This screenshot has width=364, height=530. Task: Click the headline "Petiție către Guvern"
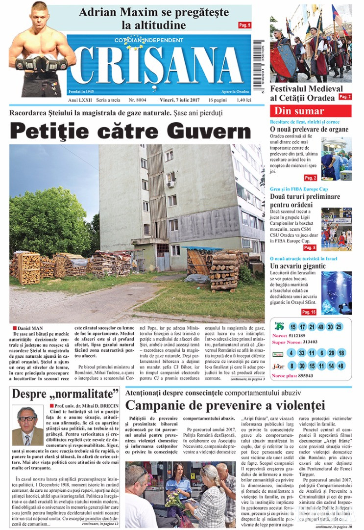click(x=130, y=131)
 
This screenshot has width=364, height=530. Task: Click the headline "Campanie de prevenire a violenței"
click(x=225, y=405)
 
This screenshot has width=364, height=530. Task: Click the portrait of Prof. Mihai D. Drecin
click(x=27, y=425)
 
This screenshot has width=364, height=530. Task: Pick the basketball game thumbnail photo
click(x=336, y=229)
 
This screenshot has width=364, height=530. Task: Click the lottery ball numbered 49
click(x=320, y=327)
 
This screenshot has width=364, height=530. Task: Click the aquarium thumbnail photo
click(x=336, y=293)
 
